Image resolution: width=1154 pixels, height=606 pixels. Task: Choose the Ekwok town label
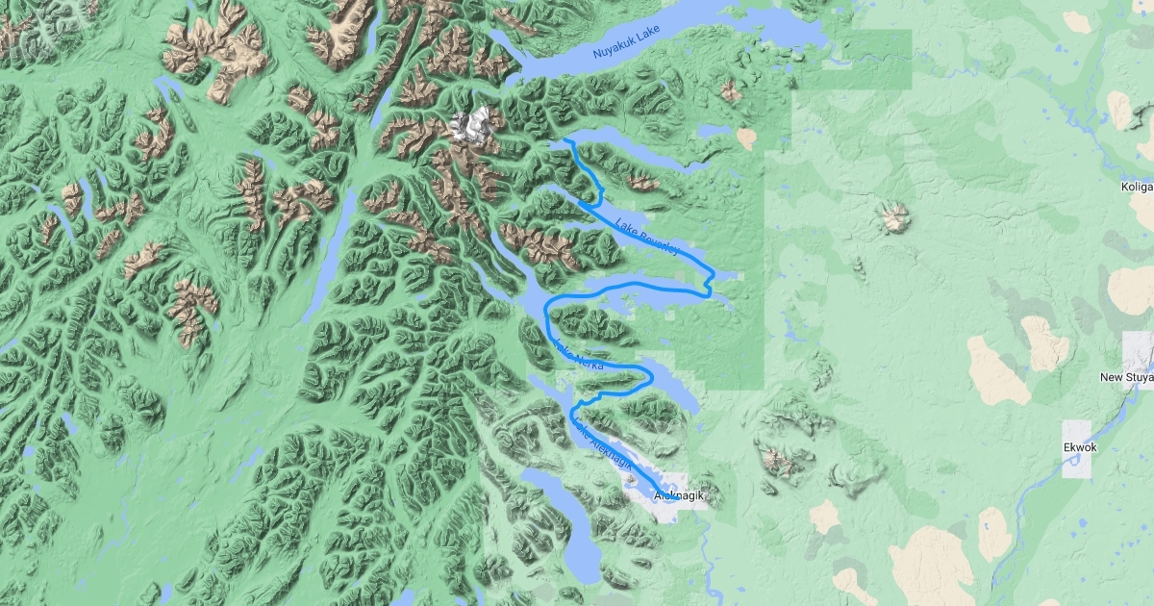pos(1080,448)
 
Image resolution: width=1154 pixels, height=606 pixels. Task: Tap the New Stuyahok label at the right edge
pos(1126,378)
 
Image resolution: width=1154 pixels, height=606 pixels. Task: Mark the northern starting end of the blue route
pos(565,141)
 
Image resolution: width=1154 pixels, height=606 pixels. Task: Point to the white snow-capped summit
pos(475,124)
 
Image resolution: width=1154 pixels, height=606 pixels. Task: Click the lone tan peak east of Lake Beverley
pos(895,216)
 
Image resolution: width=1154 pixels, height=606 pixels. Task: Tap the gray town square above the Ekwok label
pos(1078,431)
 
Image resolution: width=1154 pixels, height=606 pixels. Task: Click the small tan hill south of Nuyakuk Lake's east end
pos(746,139)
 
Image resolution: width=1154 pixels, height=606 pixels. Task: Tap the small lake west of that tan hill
pos(715,131)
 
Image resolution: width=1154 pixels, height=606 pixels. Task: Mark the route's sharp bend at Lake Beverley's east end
pos(710,281)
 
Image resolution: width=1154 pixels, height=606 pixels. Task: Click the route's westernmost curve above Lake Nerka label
pos(547,313)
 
